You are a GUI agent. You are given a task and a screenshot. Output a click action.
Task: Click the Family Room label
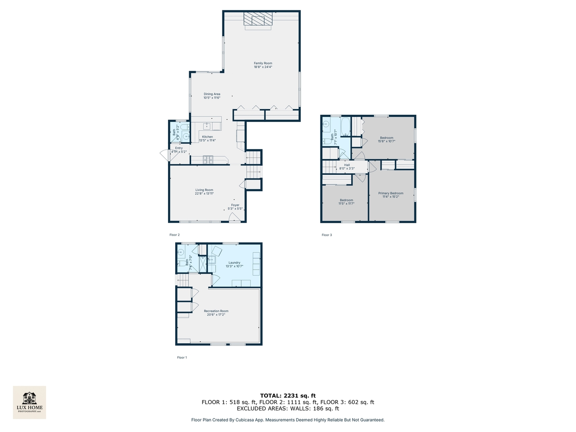(263, 63)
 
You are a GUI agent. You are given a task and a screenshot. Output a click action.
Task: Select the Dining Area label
(212, 94)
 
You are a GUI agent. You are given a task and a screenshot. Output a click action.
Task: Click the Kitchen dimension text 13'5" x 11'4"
(208, 140)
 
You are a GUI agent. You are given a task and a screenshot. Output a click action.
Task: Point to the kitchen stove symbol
(208, 160)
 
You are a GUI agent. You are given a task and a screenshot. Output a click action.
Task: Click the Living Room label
(204, 190)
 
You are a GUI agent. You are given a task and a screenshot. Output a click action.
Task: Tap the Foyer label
(235, 205)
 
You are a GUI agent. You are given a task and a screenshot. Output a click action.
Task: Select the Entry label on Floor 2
(179, 148)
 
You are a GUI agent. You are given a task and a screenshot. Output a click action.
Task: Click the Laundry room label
(234, 263)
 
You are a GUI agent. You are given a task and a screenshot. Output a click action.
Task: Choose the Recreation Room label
(216, 311)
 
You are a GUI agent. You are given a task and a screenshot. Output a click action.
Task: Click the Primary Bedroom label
(391, 193)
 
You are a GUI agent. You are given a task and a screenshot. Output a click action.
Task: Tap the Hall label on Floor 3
(347, 165)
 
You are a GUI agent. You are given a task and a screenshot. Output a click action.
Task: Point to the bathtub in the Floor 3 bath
(346, 126)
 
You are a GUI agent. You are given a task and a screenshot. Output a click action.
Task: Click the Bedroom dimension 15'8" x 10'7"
(386, 141)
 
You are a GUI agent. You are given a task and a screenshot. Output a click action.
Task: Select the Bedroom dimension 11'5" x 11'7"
(346, 204)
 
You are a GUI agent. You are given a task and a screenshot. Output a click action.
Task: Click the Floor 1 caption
(182, 358)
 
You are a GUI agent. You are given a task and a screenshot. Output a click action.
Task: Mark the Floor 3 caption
(327, 235)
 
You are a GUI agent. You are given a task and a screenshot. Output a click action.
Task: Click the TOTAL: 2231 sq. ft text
(288, 396)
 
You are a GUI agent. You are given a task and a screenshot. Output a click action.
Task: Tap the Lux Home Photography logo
(30, 402)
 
